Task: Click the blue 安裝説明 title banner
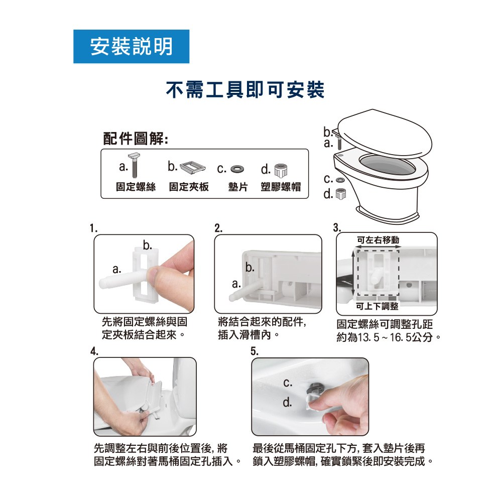(x=131, y=46)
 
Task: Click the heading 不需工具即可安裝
(x=245, y=89)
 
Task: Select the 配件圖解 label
(x=136, y=139)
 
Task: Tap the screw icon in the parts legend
(x=135, y=165)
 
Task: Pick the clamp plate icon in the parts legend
(x=193, y=168)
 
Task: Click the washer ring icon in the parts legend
(x=237, y=168)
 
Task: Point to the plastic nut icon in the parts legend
(x=281, y=170)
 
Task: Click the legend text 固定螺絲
(x=136, y=187)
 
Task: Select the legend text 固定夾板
(x=189, y=187)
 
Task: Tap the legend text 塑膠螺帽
(x=281, y=187)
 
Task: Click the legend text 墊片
(x=238, y=187)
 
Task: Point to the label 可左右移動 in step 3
(x=378, y=240)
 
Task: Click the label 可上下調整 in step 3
(x=377, y=306)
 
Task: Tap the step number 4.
(x=94, y=351)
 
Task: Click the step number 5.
(x=254, y=351)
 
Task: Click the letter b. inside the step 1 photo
(x=148, y=245)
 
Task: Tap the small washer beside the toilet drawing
(x=340, y=180)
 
